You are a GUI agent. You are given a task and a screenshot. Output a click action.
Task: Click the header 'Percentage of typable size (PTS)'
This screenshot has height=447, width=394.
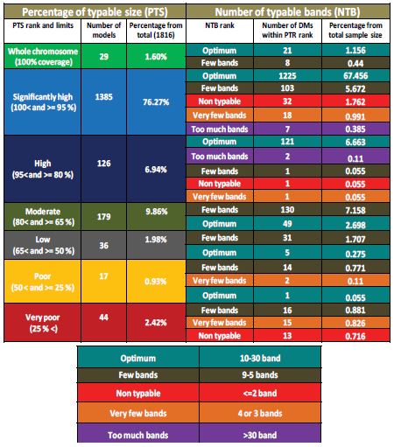(x=95, y=11)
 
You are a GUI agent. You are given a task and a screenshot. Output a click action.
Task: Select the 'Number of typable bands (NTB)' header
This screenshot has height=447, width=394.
(x=287, y=11)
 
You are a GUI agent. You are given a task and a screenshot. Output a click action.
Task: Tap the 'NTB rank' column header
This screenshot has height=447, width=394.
(x=220, y=25)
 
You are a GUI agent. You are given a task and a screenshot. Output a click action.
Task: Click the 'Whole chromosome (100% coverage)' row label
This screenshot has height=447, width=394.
(x=43, y=56)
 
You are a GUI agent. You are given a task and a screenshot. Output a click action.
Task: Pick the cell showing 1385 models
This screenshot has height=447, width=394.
(x=104, y=96)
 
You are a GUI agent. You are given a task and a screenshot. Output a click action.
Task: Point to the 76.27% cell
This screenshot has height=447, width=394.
(x=156, y=102)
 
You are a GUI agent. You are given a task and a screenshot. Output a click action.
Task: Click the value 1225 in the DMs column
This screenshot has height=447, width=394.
(x=287, y=76)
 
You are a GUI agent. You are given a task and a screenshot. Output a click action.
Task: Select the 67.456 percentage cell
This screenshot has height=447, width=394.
(x=355, y=76)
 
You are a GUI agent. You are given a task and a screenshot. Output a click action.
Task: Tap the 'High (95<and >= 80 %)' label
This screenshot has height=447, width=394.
(x=43, y=169)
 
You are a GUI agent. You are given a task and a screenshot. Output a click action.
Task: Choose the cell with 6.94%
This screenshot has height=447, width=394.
(x=156, y=170)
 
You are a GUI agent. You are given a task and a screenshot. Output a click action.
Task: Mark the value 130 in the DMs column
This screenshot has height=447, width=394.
(x=287, y=210)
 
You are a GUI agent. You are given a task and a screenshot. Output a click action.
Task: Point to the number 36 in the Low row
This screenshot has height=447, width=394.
(x=104, y=246)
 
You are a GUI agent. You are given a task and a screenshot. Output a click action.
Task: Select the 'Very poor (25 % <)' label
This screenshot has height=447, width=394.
(x=43, y=323)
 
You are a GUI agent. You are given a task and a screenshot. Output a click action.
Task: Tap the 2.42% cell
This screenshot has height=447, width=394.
(x=156, y=323)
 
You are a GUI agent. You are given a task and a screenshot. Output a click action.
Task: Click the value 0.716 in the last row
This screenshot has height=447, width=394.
(x=355, y=336)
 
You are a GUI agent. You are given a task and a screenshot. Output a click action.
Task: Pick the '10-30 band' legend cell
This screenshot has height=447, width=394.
(x=260, y=358)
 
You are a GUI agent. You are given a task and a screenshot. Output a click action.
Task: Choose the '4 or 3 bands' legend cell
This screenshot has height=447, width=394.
(x=260, y=413)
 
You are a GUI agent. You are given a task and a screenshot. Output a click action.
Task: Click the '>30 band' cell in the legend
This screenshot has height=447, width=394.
(x=260, y=435)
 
